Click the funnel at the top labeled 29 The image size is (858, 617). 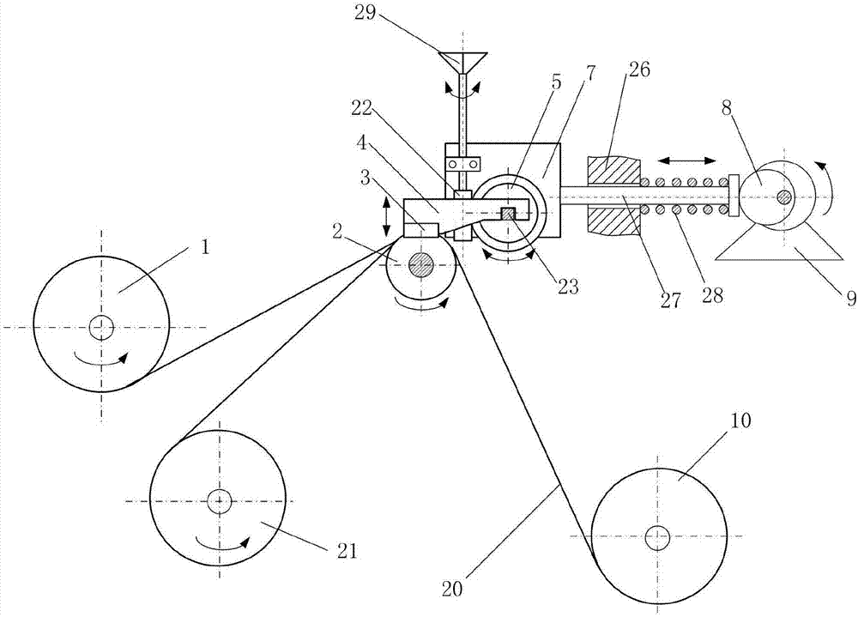pos(462,63)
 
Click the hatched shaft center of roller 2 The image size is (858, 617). pos(420,265)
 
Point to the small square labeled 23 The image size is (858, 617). pos(508,214)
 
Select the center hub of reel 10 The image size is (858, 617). pos(657,538)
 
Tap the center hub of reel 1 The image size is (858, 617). pos(101,326)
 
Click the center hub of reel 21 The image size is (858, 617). pos(220,501)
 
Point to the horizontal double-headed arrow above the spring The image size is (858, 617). pos(687,160)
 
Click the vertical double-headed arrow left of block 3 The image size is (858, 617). pos(387,216)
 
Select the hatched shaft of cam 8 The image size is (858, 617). pos(783,197)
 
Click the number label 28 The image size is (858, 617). pos(710,296)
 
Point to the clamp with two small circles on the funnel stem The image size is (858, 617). pos(463,163)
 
